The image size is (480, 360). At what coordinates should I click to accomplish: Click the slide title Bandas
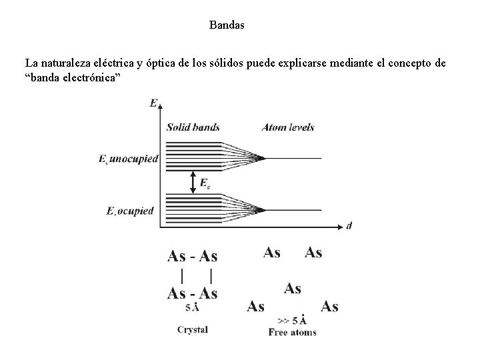(227, 26)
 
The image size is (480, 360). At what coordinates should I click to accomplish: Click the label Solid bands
(193, 127)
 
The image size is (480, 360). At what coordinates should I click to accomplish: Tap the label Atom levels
(288, 127)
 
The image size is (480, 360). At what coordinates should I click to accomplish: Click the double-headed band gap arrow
(193, 181)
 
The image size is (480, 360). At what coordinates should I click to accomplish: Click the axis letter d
(349, 226)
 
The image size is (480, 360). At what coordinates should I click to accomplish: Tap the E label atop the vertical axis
(154, 103)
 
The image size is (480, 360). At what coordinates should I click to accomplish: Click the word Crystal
(192, 329)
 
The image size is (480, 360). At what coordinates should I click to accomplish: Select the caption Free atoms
(292, 332)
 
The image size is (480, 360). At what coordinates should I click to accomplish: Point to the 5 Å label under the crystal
(192, 308)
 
